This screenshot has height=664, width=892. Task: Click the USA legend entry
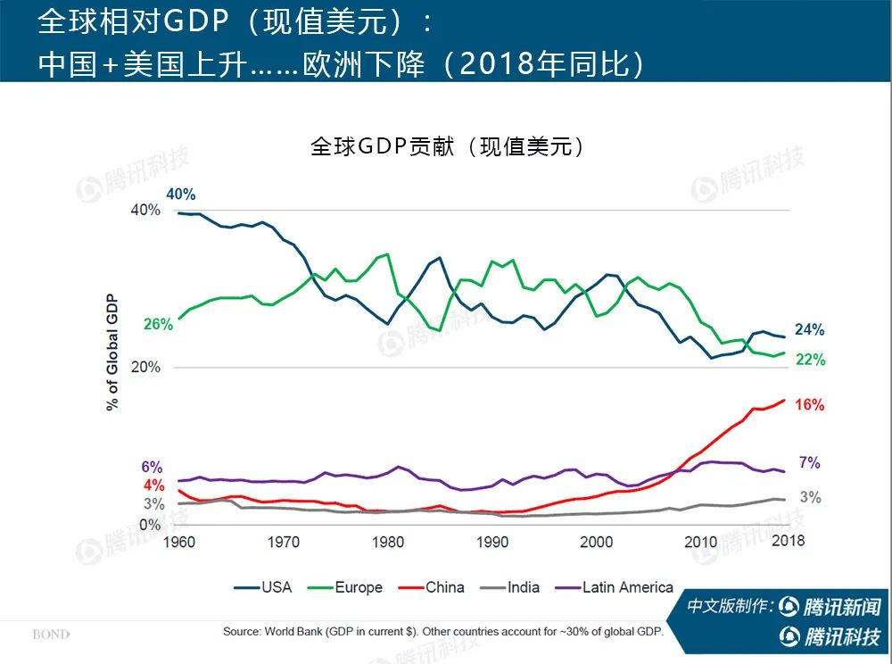[263, 587]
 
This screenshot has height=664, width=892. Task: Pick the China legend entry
[432, 587]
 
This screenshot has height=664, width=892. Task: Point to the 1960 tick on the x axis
[179, 541]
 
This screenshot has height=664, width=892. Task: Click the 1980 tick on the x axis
[387, 541]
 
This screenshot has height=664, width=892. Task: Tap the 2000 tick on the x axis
[596, 541]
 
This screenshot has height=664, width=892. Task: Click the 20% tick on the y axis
[145, 368]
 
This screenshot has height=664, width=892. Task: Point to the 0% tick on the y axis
[150, 525]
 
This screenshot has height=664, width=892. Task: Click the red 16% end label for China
[809, 405]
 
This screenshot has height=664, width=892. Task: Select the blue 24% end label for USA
[809, 330]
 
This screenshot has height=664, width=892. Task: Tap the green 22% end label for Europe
[810, 361]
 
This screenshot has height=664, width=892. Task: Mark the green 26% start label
[158, 325]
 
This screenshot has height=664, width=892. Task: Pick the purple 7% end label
[809, 463]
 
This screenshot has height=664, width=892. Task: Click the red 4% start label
[153, 486]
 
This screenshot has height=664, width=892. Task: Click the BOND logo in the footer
[51, 635]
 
